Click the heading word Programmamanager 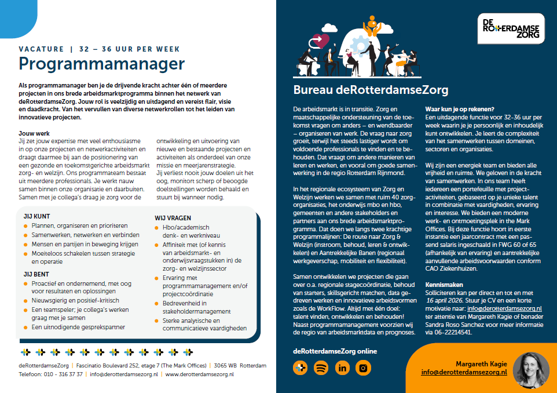point(102,63)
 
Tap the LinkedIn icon point(342,367)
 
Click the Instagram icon point(363,367)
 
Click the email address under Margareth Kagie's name point(464,372)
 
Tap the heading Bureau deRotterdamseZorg point(371,90)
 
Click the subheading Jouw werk point(35,133)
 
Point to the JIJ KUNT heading point(36,216)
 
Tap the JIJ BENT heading point(36,274)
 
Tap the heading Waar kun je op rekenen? point(459,109)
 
